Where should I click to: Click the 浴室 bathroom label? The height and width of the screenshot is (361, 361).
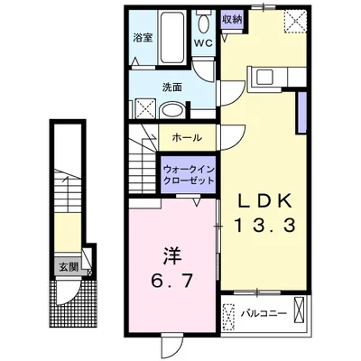(143, 38)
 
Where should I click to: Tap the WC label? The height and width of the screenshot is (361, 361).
(203, 42)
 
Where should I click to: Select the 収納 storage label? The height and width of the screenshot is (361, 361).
(232, 20)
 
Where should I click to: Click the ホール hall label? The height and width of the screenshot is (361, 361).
(187, 138)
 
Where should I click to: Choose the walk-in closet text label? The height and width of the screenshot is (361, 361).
(189, 175)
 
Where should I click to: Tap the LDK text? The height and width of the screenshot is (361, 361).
(265, 201)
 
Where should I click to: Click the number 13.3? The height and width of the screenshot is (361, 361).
(264, 226)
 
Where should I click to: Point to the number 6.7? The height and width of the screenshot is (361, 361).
(171, 282)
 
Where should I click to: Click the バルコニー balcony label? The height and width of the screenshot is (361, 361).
(264, 314)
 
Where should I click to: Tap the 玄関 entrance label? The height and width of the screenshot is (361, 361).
(69, 266)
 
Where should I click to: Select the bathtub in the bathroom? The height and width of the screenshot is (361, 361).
(171, 37)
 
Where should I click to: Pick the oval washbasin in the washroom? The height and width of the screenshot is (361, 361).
(171, 110)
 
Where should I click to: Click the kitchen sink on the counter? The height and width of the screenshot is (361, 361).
(264, 78)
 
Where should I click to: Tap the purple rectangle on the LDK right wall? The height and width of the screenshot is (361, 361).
(301, 112)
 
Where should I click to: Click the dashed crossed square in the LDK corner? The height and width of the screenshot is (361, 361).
(295, 21)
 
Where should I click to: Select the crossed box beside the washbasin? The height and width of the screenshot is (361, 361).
(144, 108)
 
